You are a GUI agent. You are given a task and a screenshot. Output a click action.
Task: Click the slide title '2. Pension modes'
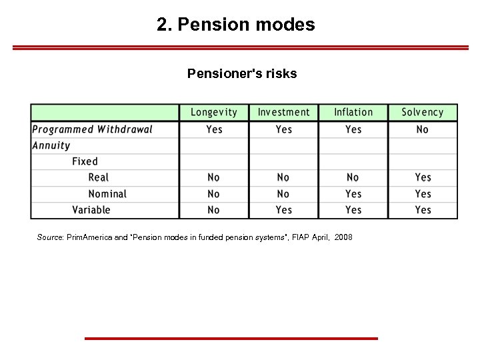[x=236, y=25]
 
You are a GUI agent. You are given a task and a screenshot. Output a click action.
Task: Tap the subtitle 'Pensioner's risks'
[x=242, y=73]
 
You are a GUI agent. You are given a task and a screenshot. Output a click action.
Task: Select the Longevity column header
[x=214, y=113]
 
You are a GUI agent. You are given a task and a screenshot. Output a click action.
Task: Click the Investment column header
[x=283, y=113]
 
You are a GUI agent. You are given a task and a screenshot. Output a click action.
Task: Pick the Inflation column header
[x=353, y=113]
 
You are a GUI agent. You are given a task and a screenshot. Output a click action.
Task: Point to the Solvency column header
[x=423, y=113]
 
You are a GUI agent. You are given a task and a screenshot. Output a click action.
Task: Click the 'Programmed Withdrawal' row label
[x=93, y=129]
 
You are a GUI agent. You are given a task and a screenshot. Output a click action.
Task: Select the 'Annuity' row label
[x=51, y=145]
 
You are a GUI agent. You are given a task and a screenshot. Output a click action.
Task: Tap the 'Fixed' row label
[x=85, y=161]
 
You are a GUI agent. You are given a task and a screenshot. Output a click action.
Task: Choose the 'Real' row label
[x=99, y=177]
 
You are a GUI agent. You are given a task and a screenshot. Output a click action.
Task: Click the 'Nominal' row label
[x=107, y=194]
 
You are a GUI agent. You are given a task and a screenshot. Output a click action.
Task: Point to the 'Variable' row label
[x=91, y=210]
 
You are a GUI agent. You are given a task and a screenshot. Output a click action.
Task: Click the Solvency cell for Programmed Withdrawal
[x=423, y=129]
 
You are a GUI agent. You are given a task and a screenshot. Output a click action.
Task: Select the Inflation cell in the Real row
[x=353, y=177]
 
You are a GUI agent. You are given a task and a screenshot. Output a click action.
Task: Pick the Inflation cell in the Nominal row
[x=353, y=194]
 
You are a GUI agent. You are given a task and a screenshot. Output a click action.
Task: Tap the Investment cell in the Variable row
[x=284, y=210]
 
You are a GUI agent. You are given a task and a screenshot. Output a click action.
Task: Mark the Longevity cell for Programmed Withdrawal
[x=214, y=129]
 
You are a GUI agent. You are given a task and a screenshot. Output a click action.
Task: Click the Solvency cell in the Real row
[x=423, y=177]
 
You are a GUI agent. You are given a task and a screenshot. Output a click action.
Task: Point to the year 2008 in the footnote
[x=343, y=237]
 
